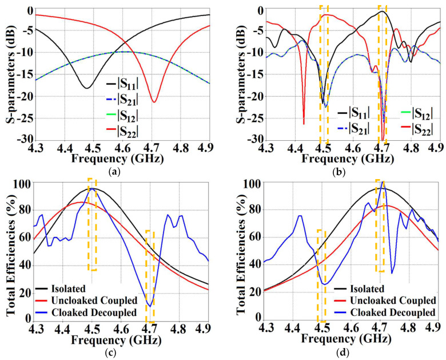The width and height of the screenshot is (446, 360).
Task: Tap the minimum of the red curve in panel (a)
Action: click(x=154, y=102)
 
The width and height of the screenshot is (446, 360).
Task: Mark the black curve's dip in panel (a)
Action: click(x=86, y=88)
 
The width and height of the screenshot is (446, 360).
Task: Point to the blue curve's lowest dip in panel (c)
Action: click(x=150, y=306)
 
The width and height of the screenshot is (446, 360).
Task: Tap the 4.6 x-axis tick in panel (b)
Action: click(x=352, y=148)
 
